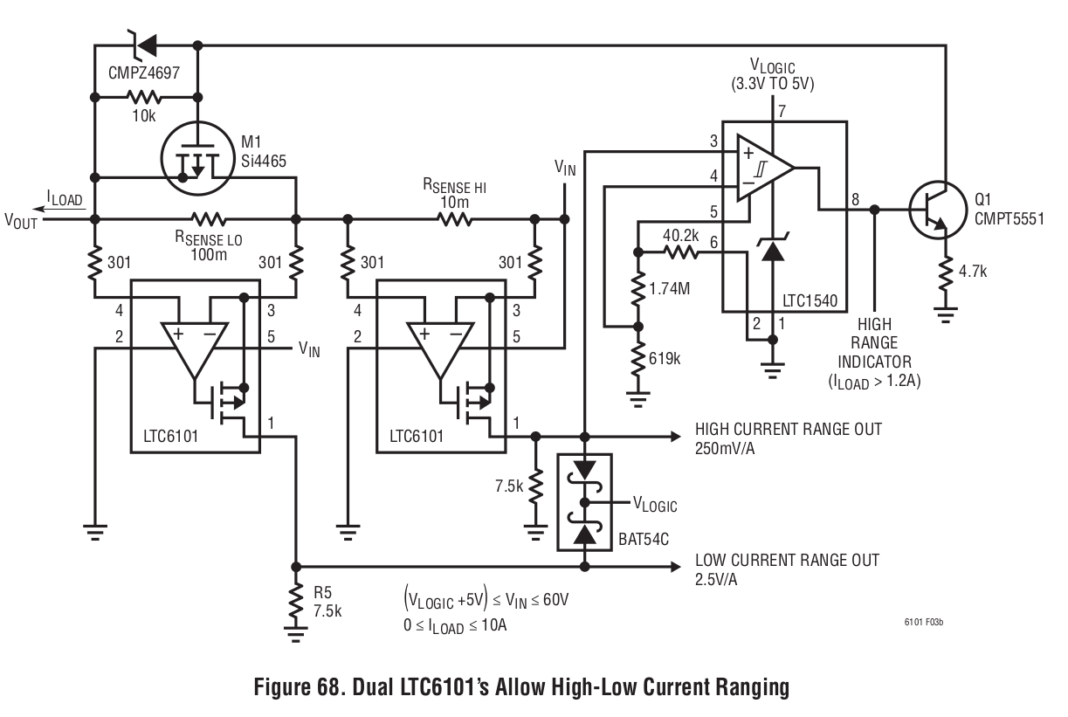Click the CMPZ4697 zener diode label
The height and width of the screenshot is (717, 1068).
(144, 73)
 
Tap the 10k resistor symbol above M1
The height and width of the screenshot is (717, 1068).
(144, 97)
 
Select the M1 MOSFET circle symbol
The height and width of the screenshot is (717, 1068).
(197, 158)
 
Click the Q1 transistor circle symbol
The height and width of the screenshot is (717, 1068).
(938, 210)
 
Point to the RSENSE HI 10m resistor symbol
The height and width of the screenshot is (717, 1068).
(454, 219)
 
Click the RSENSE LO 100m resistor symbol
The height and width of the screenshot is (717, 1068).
(209, 219)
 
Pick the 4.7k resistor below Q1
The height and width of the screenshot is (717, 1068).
(946, 273)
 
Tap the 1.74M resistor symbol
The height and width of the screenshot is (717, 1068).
(638, 289)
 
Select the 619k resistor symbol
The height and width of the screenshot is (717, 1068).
(638, 359)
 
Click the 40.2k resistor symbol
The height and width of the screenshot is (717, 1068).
(681, 252)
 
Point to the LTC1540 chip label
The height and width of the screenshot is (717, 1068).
(810, 300)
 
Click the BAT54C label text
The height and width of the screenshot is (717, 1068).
(644, 539)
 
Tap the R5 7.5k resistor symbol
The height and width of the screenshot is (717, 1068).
(296, 600)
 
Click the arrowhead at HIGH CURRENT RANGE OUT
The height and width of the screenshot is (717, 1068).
(676, 436)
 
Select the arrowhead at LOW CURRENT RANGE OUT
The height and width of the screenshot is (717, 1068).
(676, 567)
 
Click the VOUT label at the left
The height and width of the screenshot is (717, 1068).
(21, 221)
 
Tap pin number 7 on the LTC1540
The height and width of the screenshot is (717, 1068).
(782, 112)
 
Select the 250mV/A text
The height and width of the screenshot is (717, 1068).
(725, 449)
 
